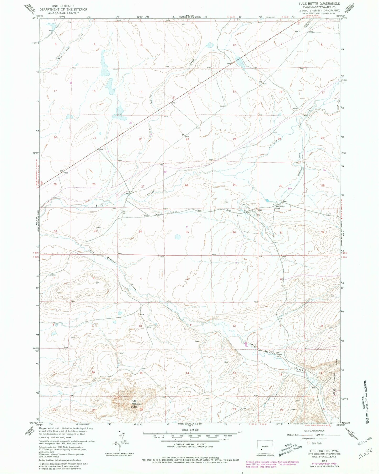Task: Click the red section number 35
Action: pyautogui.click(x=187, y=232)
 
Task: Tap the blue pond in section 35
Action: pyautogui.click(x=178, y=237)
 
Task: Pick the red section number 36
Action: pyautogui.click(x=234, y=232)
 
